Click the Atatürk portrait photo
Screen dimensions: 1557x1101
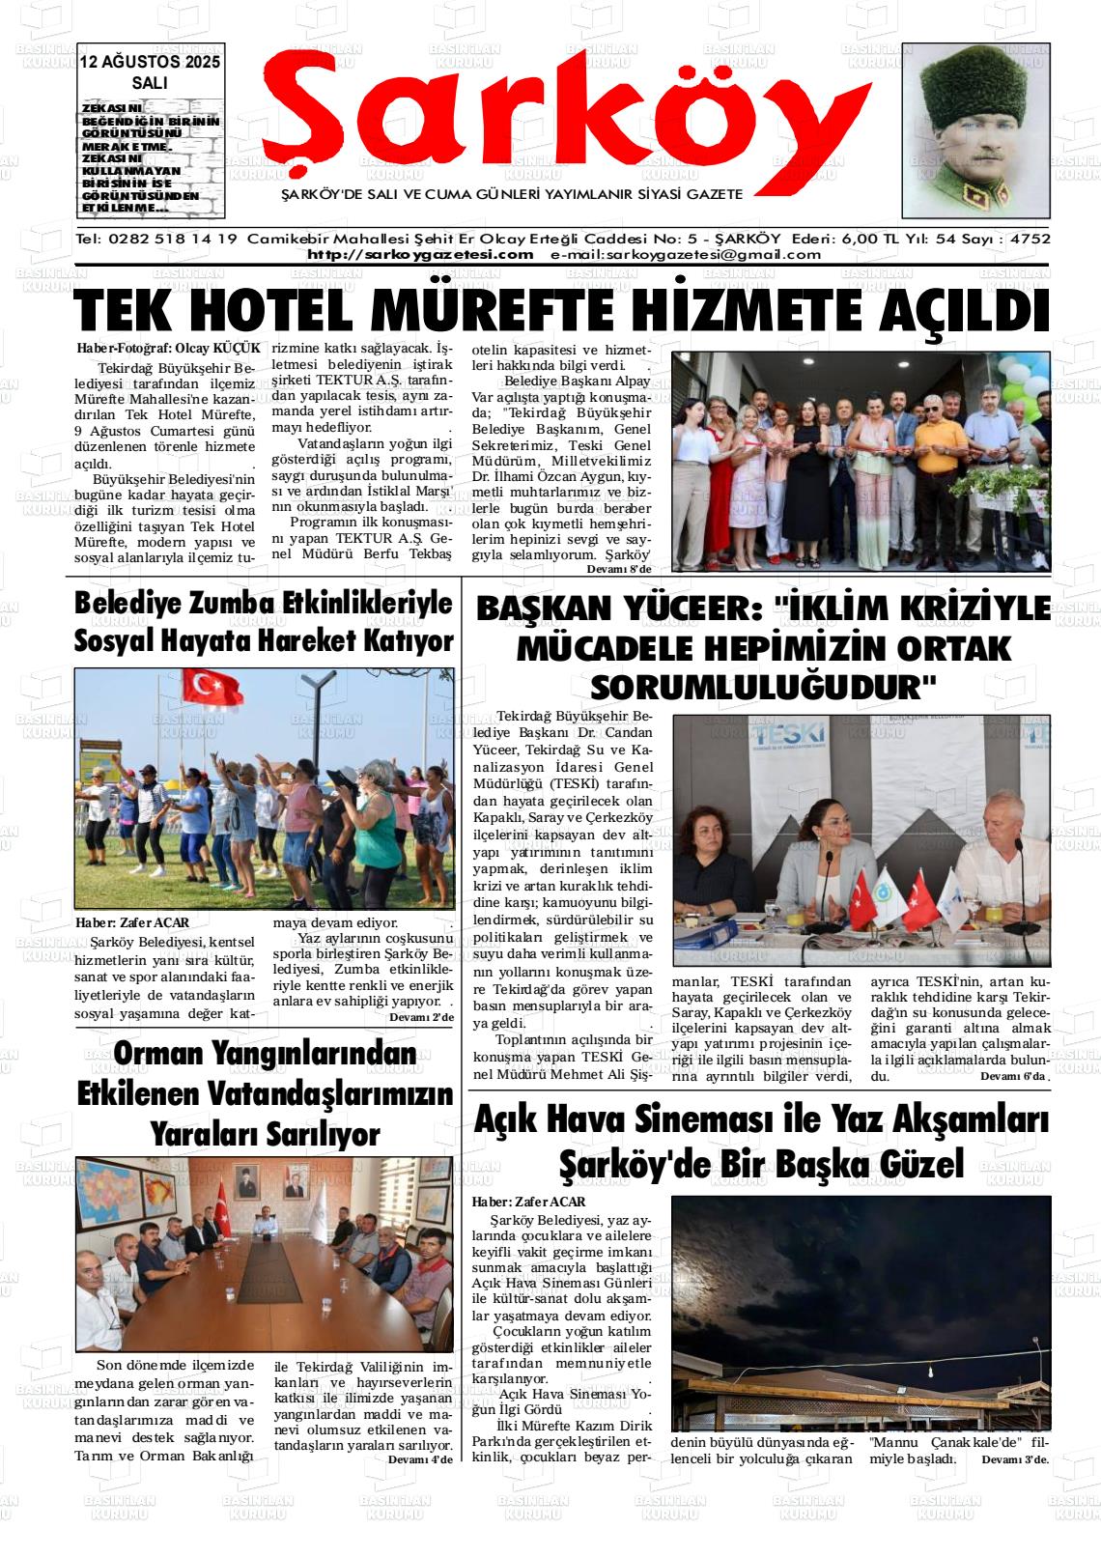pyautogui.click(x=975, y=130)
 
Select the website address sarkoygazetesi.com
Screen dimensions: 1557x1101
pyautogui.click(x=420, y=255)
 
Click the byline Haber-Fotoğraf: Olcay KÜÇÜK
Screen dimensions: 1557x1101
pyautogui.click(x=168, y=347)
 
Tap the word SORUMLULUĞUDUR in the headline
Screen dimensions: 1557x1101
pyautogui.click(x=763, y=687)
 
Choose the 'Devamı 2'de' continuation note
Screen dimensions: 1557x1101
pyautogui.click(x=420, y=1017)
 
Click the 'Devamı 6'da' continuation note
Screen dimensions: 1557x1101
pyautogui.click(x=1013, y=1076)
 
